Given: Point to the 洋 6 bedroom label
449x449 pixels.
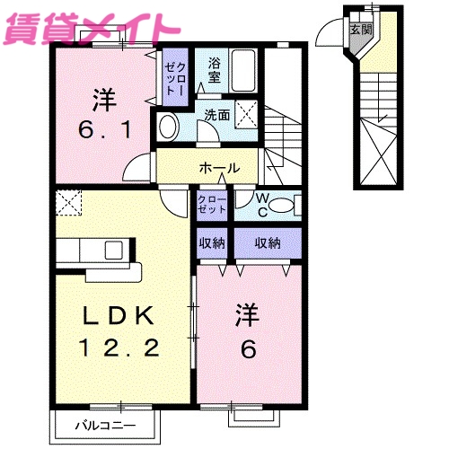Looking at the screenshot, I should point(247,331).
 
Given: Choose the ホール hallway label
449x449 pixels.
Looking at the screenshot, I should point(218,168).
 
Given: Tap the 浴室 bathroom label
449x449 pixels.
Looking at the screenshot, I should point(215,70).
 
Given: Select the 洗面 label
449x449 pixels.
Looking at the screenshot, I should point(216,115).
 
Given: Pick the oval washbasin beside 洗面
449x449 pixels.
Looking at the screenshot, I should point(167,127).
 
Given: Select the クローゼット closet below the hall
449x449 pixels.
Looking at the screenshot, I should point(214,203).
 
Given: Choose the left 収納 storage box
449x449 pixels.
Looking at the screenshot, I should point(213,243).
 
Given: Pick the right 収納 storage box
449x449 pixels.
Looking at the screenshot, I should point(267,243).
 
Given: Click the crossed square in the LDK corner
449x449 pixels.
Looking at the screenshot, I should point(67,203).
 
